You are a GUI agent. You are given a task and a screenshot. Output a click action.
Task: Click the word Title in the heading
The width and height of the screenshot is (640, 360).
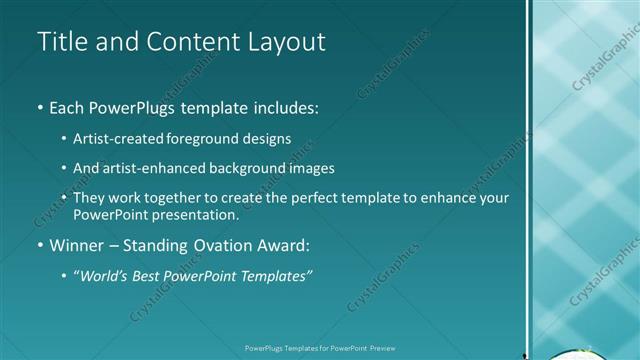pyautogui.click(x=62, y=42)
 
